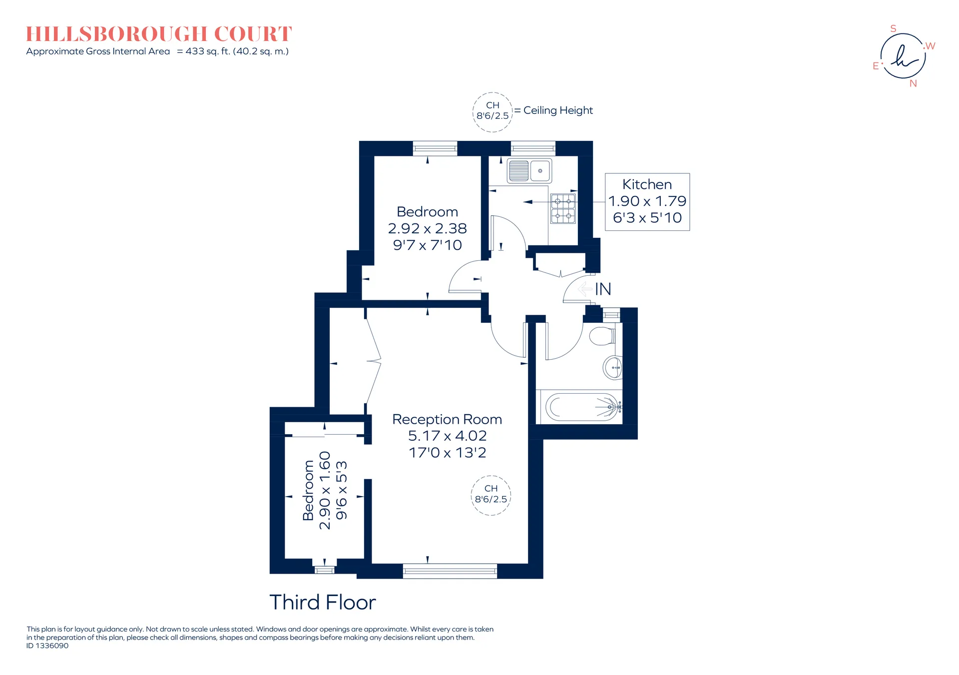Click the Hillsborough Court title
click(159, 34)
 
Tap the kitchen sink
click(529, 171)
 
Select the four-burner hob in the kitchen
click(563, 208)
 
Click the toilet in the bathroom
click(602, 336)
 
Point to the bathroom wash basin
click(613, 368)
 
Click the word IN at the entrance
click(603, 289)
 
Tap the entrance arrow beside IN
click(584, 289)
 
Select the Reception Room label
click(447, 419)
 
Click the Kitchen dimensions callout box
click(647, 202)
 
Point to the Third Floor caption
click(323, 603)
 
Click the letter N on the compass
click(913, 83)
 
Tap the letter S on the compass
click(894, 28)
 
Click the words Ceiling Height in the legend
click(558, 110)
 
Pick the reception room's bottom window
click(450, 571)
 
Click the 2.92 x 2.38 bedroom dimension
click(428, 228)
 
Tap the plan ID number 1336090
click(52, 646)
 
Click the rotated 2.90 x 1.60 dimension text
click(325, 490)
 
